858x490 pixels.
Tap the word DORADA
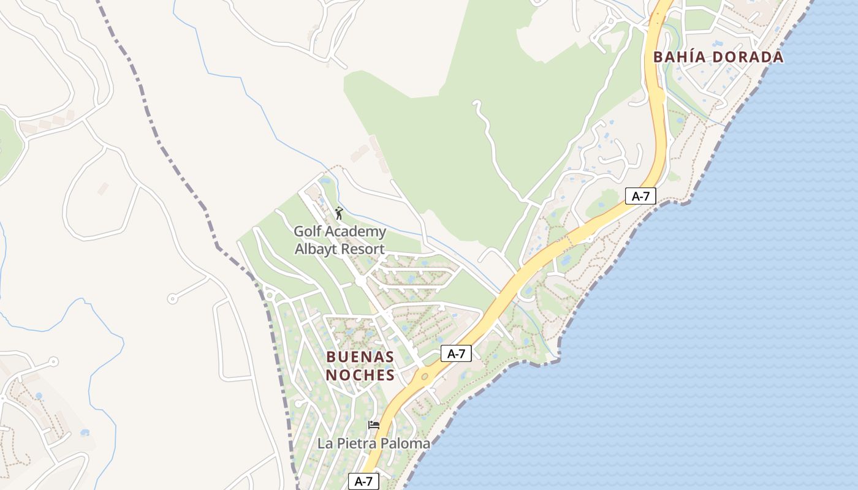tap(747, 57)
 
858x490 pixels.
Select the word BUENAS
tap(360, 356)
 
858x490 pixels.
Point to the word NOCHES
tap(360, 375)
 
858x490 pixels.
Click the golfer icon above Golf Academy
tap(339, 213)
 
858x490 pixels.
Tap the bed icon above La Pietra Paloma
tap(373, 425)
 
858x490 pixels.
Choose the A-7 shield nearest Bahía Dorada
tap(641, 196)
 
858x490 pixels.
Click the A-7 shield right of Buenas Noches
tap(456, 353)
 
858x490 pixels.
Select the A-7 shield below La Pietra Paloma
tap(363, 481)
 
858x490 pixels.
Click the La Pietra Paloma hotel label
tap(374, 443)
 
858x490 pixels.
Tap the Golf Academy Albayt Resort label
tap(340, 240)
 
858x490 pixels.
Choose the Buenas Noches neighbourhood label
tap(360, 366)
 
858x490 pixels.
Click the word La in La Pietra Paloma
tap(324, 443)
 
